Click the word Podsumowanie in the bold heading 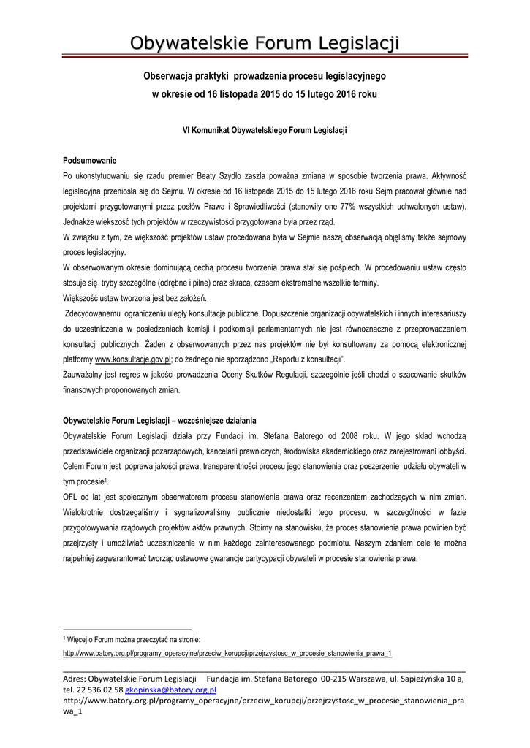pyautogui.click(x=90, y=160)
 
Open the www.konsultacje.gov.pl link pyautogui.click(x=132, y=359)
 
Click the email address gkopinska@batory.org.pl pyautogui.click(x=170, y=690)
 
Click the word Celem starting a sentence pyautogui.click(x=76, y=467)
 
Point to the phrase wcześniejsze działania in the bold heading pyautogui.click(x=216, y=421)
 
